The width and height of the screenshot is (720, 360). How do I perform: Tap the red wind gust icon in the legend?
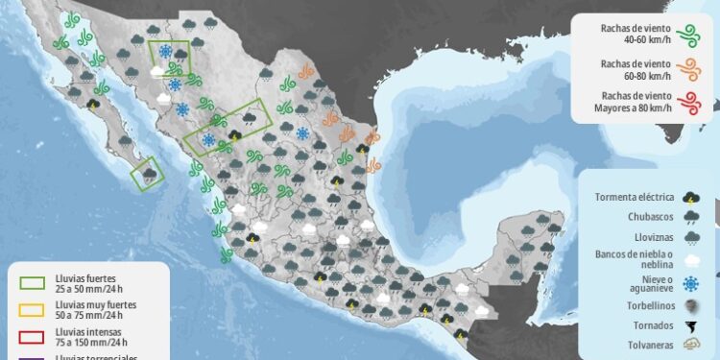tap(686, 102)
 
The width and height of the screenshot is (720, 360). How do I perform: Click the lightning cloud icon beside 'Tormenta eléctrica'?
tap(690, 197)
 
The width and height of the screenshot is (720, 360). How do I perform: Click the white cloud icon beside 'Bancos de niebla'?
tap(690, 260)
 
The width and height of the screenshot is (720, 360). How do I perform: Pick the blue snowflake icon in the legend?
tap(690, 284)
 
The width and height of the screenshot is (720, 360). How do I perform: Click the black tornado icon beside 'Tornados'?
tap(690, 326)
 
